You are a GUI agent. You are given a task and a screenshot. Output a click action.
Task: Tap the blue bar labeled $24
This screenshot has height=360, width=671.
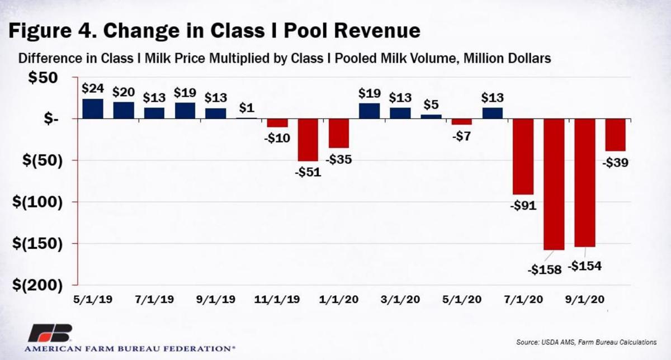pos(93,109)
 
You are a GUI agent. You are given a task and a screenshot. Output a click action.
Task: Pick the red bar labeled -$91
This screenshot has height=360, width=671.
pos(523,156)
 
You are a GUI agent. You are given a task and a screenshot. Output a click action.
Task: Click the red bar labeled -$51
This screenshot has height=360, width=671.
pos(308,140)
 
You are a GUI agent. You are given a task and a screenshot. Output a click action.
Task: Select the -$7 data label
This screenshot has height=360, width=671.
pos(462,136)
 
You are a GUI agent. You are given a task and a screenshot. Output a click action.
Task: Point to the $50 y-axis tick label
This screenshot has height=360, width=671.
pos(42,77)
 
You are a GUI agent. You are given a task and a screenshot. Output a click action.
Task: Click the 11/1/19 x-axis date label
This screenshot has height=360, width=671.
pos(277,300)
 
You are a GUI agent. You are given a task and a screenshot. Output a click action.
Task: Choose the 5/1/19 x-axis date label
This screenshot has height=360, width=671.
pos(93,300)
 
